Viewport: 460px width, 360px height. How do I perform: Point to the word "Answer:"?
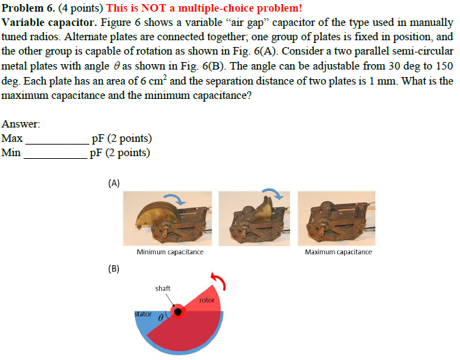(x=21, y=124)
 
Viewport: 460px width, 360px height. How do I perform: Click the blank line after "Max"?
(x=57, y=141)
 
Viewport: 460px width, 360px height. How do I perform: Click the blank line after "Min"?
(x=55, y=155)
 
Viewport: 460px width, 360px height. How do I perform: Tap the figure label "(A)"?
(x=114, y=183)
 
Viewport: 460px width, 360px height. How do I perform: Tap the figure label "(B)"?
(x=114, y=268)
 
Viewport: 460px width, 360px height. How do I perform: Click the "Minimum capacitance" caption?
(x=170, y=252)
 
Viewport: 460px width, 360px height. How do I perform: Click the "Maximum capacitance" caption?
(x=339, y=252)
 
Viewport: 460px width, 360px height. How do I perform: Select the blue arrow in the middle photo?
(x=271, y=195)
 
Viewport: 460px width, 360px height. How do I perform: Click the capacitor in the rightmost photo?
(x=336, y=220)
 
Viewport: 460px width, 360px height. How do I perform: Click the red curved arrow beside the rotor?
(x=219, y=281)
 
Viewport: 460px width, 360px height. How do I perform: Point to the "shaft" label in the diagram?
(x=162, y=288)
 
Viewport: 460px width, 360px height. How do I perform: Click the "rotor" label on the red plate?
(x=206, y=300)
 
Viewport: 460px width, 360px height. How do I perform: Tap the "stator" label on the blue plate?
(x=143, y=314)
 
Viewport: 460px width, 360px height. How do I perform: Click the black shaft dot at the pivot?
(x=179, y=312)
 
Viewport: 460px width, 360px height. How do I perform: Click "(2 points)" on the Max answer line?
(x=126, y=139)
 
